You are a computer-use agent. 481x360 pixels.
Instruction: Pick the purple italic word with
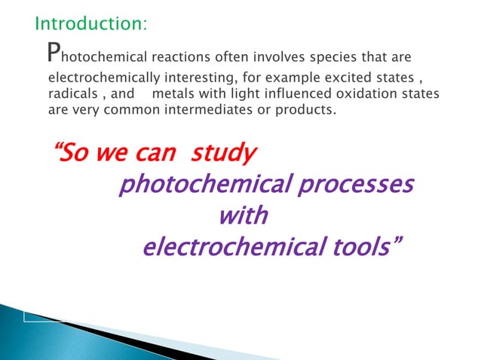tap(242, 216)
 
